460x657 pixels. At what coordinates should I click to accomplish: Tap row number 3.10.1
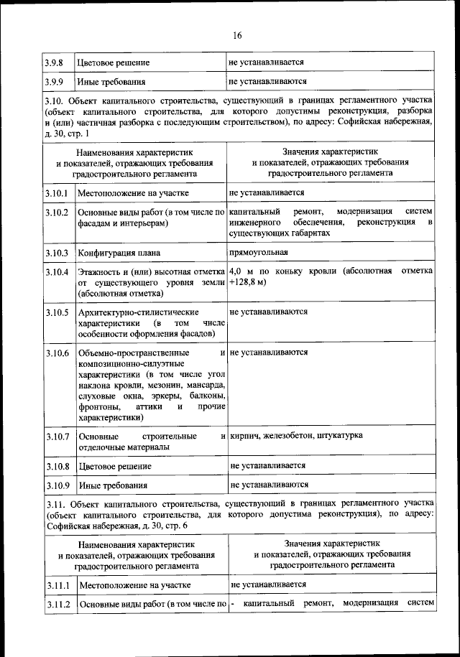coord(57,194)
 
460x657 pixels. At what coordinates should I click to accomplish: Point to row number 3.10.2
coord(57,213)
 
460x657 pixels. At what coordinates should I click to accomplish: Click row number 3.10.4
coord(57,273)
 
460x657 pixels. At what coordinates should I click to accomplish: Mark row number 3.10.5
coord(57,313)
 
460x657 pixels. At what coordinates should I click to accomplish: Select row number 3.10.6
coord(57,354)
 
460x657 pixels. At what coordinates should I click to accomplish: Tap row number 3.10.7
coord(57,437)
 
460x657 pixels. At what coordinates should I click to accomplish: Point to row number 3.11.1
coord(57,586)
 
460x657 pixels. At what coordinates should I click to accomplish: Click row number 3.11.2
coord(57,605)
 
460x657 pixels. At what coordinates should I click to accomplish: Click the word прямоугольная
coord(259,253)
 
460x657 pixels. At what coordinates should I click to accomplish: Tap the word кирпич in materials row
coord(246,436)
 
